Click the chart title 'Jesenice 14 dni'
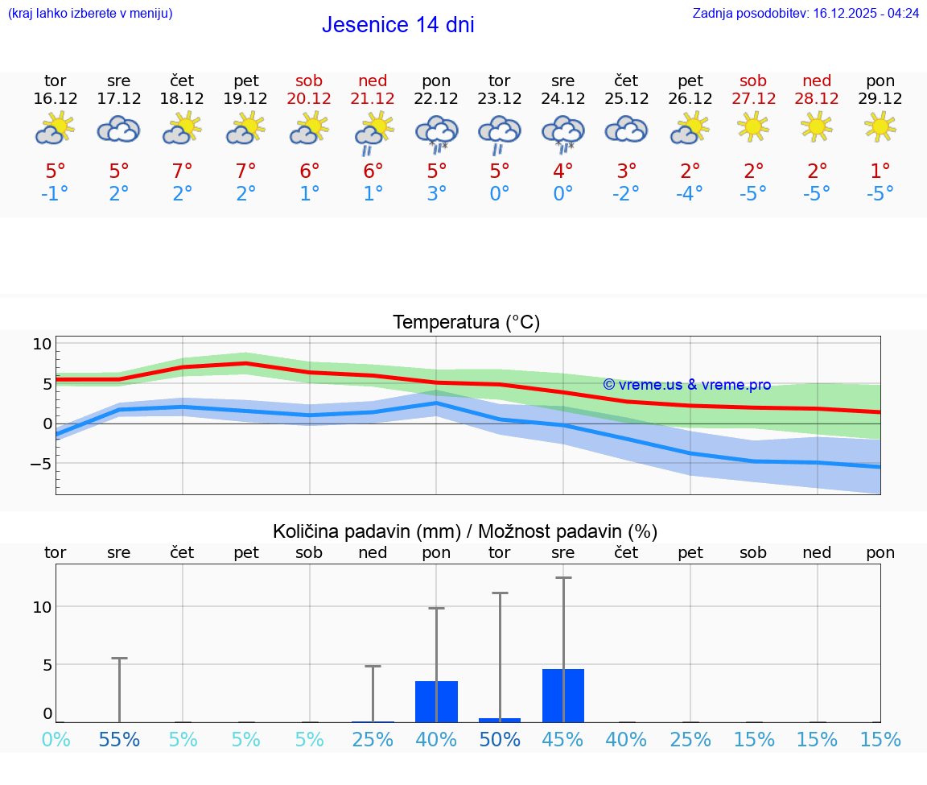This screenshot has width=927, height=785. [x=398, y=25]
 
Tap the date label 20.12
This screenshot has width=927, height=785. [x=309, y=99]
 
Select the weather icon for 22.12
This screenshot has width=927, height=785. [x=436, y=131]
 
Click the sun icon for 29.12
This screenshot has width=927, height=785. [x=880, y=126]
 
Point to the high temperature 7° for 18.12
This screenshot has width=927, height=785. [x=183, y=171]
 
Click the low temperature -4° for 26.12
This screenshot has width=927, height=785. [x=690, y=194]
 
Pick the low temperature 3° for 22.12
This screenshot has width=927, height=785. [x=436, y=194]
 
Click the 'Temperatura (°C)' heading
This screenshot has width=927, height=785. [x=466, y=323]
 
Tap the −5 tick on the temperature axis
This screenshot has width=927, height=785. [x=40, y=464]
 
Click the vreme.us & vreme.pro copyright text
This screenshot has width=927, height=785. [x=686, y=385]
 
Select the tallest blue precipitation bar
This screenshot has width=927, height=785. [x=563, y=696]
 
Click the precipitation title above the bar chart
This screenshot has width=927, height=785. [x=465, y=531]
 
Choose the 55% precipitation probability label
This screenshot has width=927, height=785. [x=119, y=739]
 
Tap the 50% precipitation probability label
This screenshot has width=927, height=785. [x=500, y=739]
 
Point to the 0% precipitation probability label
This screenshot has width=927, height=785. [x=56, y=739]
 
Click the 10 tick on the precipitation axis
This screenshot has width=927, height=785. [x=43, y=607]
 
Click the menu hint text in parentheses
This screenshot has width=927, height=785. [x=90, y=14]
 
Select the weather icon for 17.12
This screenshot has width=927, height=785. [x=119, y=129]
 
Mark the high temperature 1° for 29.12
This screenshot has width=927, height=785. [x=880, y=171]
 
